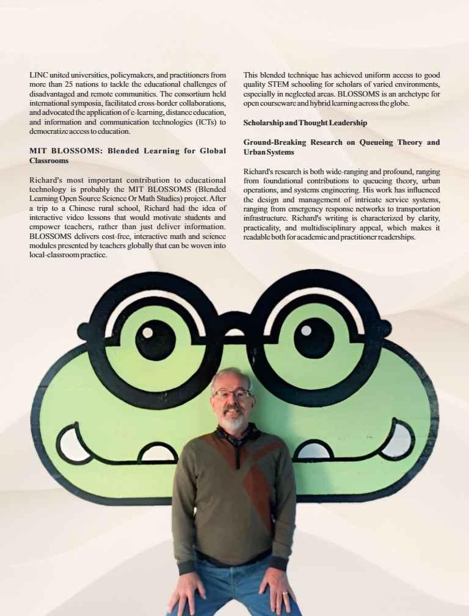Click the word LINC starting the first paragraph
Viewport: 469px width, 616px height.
tap(38, 75)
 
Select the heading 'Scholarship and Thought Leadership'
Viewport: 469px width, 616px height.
tap(305, 123)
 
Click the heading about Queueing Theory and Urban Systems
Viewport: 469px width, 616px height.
tap(341, 147)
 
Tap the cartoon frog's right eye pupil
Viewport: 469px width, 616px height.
tap(313, 337)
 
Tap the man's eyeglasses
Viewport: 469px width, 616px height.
tap(231, 394)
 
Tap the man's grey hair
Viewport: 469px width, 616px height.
tap(230, 375)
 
